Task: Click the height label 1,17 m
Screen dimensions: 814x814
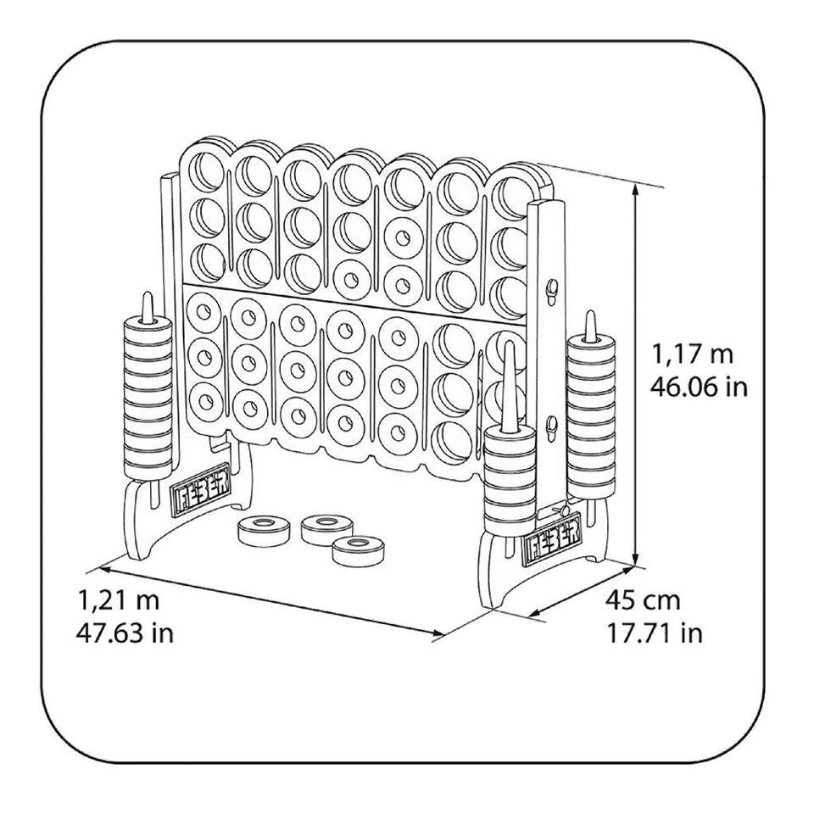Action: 693,355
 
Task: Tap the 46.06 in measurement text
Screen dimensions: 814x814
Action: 699,387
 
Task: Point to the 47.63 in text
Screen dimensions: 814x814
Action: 125,633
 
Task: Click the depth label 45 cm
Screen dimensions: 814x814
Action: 643,601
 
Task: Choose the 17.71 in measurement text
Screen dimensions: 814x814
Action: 655,633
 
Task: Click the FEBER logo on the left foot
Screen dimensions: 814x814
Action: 200,491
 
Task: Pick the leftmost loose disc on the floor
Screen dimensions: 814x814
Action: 264,531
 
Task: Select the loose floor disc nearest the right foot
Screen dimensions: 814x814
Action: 357,551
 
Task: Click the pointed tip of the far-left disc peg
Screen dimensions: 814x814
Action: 148,295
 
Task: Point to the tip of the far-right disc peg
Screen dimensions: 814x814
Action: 590,313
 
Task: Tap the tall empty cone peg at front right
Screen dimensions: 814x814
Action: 510,387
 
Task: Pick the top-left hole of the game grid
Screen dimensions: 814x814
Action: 206,170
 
